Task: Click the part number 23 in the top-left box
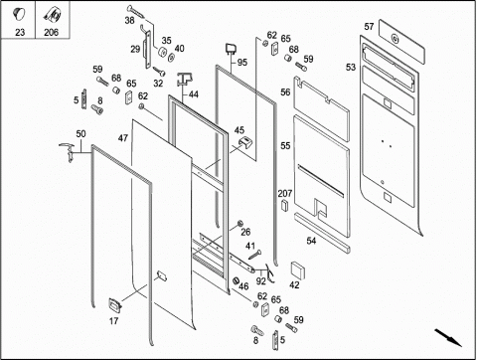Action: pos(20,32)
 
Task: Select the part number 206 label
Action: pos(51,32)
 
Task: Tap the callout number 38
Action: pos(129,20)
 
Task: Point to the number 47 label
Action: pos(123,138)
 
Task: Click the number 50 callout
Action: pos(80,133)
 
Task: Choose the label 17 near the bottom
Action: pos(113,321)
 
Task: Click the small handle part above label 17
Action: pos(114,304)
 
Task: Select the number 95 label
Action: pos(242,62)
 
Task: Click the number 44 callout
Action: pos(194,94)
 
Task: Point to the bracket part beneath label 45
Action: pos(246,143)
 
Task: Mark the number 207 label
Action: pos(285,193)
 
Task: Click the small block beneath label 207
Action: pos(284,206)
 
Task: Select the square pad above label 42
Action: pos(298,270)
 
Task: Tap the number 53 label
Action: pos(351,67)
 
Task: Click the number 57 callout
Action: pos(369,26)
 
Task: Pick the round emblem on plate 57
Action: pos(395,39)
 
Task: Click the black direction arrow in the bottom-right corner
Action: pos(448,337)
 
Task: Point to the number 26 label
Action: pos(245,232)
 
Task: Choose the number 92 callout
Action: pos(261,281)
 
